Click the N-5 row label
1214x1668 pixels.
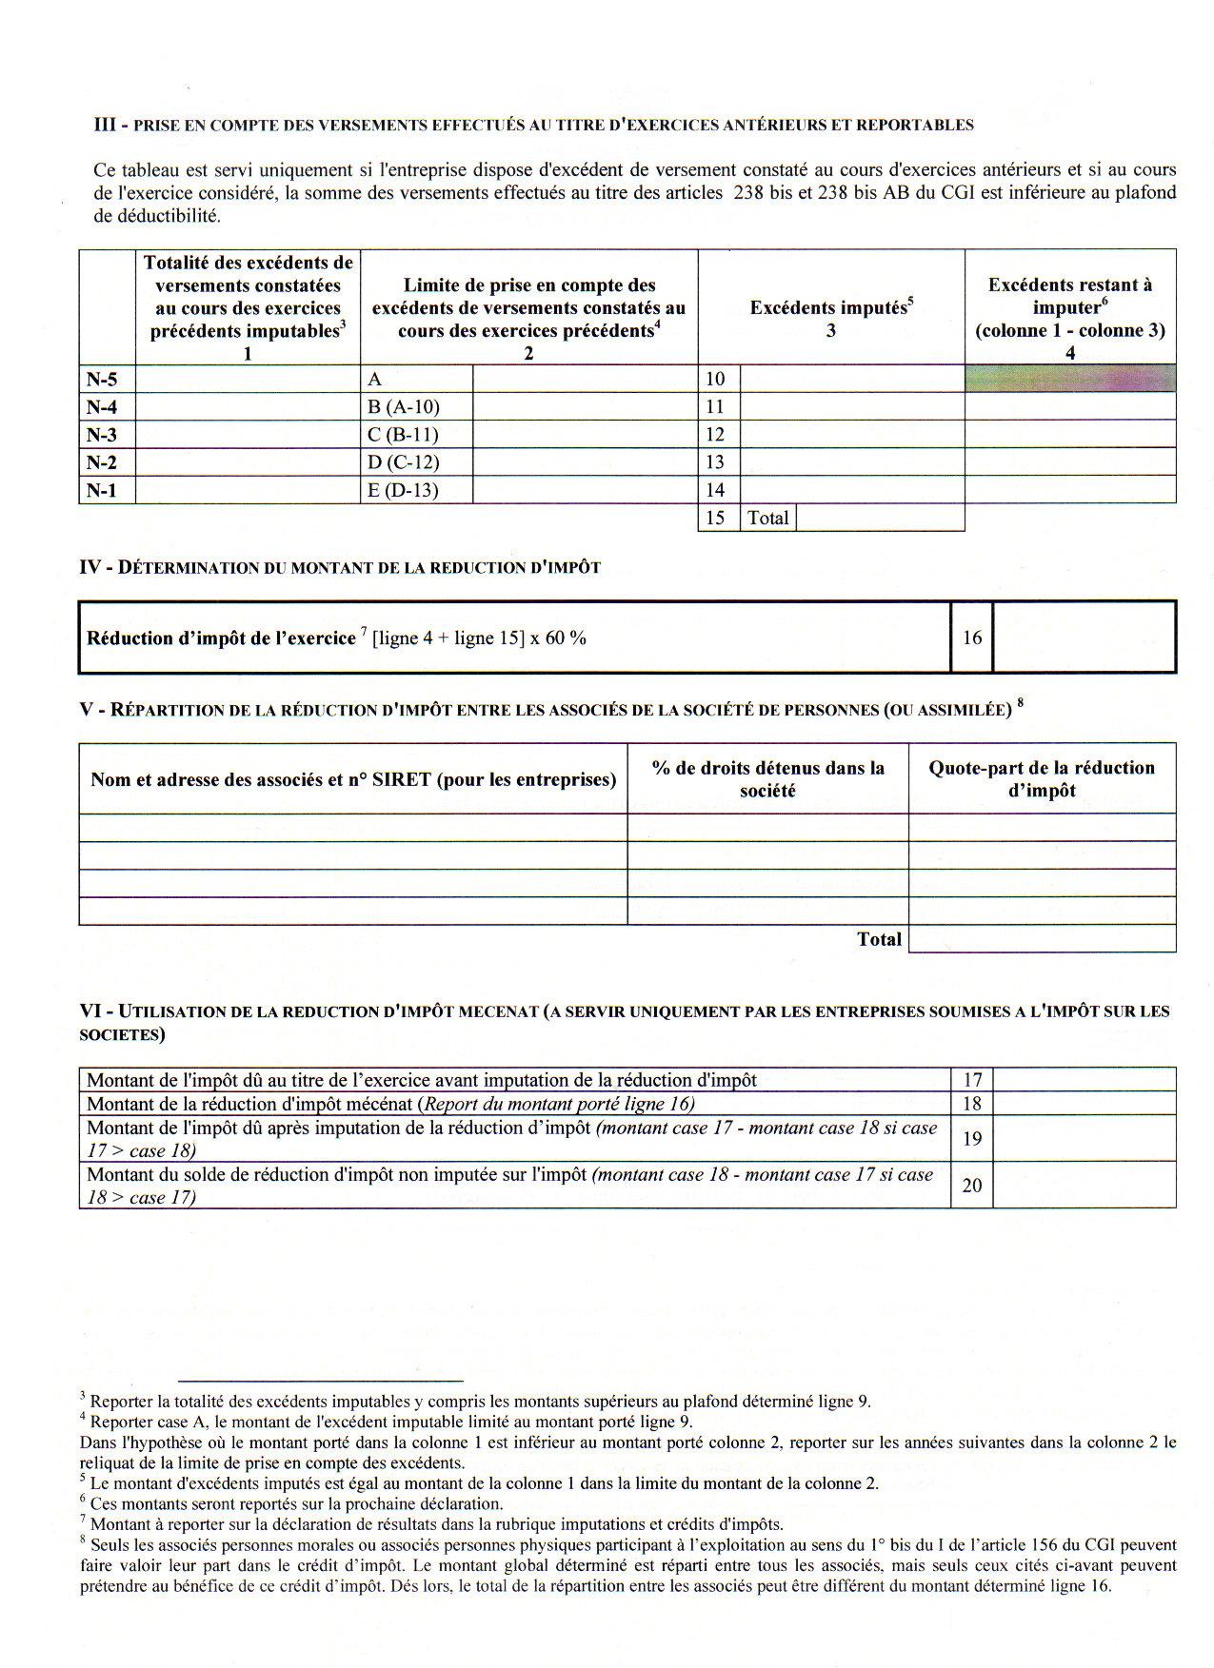[x=102, y=379]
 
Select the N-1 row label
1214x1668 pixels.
[x=102, y=490]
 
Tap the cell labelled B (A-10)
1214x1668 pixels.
[x=404, y=407]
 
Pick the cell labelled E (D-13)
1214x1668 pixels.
[x=403, y=490]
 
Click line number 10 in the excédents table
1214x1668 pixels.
[x=716, y=379]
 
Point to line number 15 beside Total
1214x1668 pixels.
[x=716, y=518]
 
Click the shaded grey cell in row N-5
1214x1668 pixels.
[x=1069, y=378]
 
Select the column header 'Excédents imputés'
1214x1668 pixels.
[x=831, y=307]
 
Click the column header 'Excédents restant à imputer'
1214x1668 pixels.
[x=1069, y=296]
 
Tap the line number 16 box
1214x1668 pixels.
[x=971, y=638]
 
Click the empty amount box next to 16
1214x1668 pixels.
[x=1084, y=638]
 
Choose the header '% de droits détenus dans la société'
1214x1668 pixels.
[x=767, y=778]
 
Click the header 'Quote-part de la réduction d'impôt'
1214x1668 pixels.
[x=1042, y=778]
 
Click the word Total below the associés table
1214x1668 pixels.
[x=878, y=939]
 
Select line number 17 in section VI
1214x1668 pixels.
[x=971, y=1080]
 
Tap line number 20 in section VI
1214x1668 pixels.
[x=971, y=1186]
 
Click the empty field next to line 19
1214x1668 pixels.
[x=1084, y=1139]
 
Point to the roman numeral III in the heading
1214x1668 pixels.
[x=105, y=125]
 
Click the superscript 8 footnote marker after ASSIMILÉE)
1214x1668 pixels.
[x=1021, y=704]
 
